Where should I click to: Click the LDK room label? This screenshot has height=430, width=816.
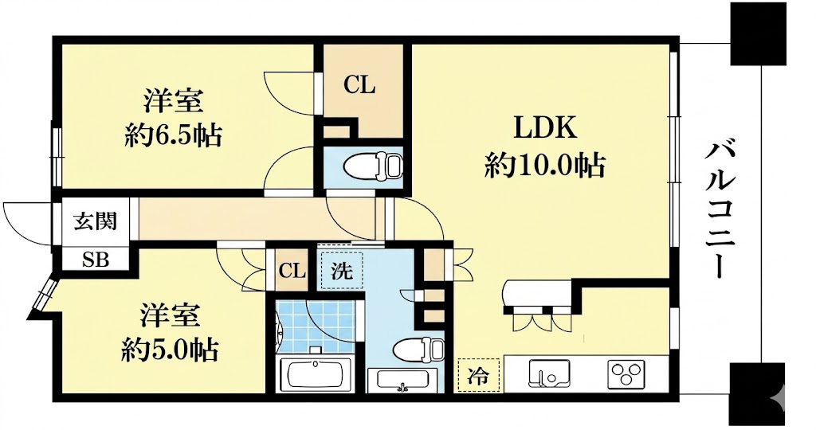(545, 128)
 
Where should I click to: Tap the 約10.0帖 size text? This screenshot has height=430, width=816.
(545, 166)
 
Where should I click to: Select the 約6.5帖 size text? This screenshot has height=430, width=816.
(173, 135)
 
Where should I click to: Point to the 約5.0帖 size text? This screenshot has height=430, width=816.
(170, 350)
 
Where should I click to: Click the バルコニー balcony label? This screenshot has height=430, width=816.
(720, 209)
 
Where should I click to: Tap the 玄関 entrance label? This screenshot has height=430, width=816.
(95, 221)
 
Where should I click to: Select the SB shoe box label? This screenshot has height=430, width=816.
(96, 259)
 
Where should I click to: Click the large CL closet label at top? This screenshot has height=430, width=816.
(359, 85)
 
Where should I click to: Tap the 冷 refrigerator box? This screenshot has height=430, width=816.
(478, 375)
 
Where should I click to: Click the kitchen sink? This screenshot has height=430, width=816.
(549, 373)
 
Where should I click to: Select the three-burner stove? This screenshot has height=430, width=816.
(626, 373)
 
